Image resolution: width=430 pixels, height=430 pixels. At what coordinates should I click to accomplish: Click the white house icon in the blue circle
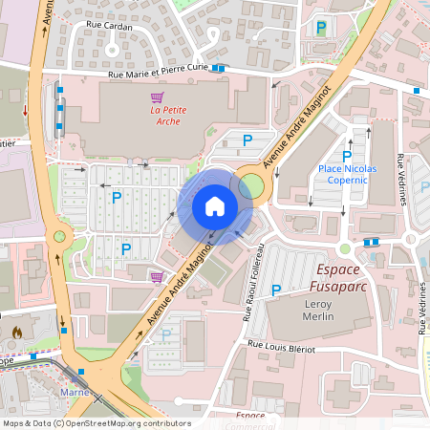(214, 205)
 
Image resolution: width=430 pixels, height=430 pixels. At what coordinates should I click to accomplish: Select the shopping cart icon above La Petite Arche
(157, 97)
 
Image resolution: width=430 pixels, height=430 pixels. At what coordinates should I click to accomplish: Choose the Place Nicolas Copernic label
(347, 174)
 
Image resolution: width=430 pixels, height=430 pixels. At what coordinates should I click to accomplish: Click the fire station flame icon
(16, 333)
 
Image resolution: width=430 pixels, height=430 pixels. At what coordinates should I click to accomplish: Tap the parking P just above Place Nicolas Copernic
(347, 156)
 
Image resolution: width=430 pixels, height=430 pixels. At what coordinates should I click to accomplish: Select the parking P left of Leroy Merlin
(276, 290)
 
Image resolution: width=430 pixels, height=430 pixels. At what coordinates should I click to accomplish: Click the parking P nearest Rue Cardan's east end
(321, 28)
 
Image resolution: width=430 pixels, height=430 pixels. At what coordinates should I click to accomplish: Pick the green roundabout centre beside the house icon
(251, 184)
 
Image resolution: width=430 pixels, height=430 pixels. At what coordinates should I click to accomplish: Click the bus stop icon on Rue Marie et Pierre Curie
(220, 68)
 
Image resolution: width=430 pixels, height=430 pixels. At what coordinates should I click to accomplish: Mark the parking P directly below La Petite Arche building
(247, 140)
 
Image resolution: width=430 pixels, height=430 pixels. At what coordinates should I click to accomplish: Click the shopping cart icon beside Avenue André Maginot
(156, 277)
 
